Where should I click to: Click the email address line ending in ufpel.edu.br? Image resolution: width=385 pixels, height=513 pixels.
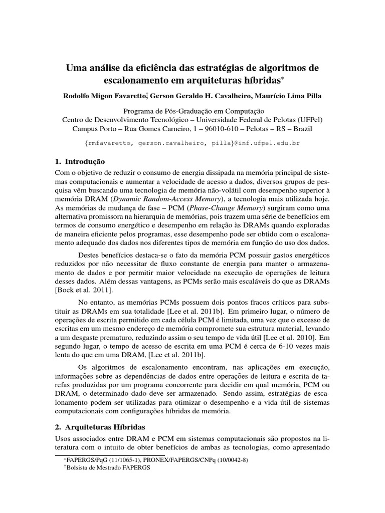click(192, 143)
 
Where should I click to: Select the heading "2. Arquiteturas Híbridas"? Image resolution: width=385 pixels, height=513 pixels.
click(99, 427)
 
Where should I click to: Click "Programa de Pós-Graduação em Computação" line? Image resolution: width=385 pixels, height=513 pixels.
click(192, 111)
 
